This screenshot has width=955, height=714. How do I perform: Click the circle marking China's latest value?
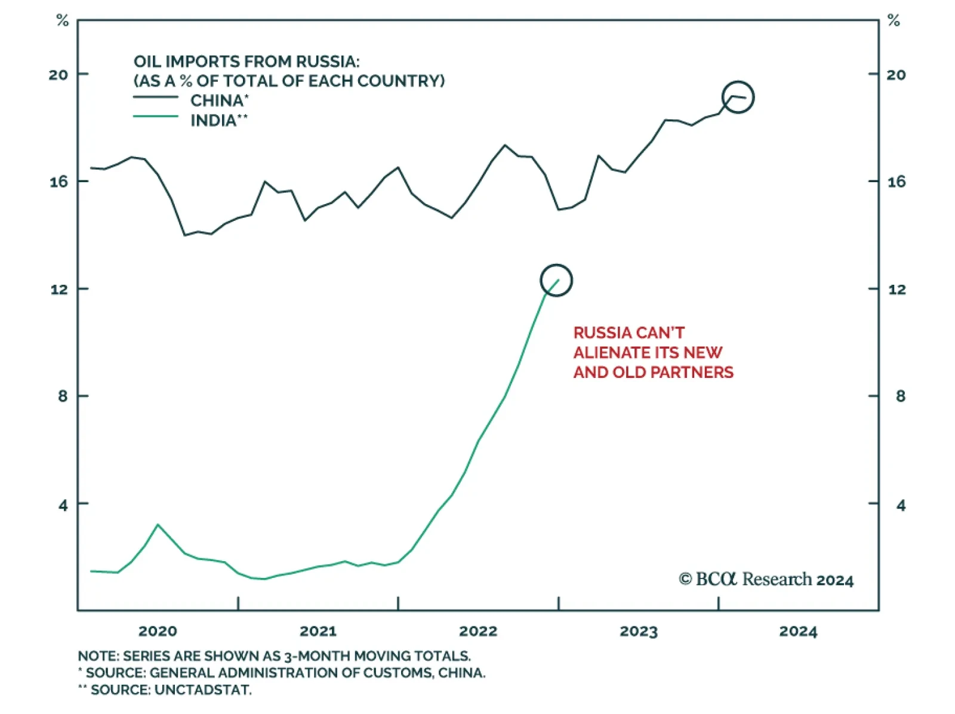[x=738, y=97]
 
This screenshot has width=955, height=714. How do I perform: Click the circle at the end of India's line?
[x=556, y=280]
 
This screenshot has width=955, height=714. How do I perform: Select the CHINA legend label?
[x=219, y=100]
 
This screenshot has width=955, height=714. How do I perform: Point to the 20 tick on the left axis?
[x=58, y=75]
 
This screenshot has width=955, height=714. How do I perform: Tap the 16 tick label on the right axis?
[x=896, y=181]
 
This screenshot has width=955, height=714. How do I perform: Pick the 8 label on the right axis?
[x=900, y=396]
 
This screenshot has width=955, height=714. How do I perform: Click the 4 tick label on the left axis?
[x=63, y=505]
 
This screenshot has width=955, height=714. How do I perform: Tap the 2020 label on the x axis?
[x=158, y=632]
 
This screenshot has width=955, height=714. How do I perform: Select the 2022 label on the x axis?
[x=478, y=632]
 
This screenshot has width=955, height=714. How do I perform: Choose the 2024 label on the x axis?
[x=798, y=632]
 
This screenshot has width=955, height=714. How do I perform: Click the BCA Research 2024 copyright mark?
[x=766, y=580]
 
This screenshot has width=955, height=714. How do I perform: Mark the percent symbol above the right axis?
[x=893, y=21]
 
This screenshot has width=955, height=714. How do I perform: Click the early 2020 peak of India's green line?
[x=158, y=525]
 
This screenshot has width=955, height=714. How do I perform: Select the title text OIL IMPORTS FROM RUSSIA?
[x=247, y=61]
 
